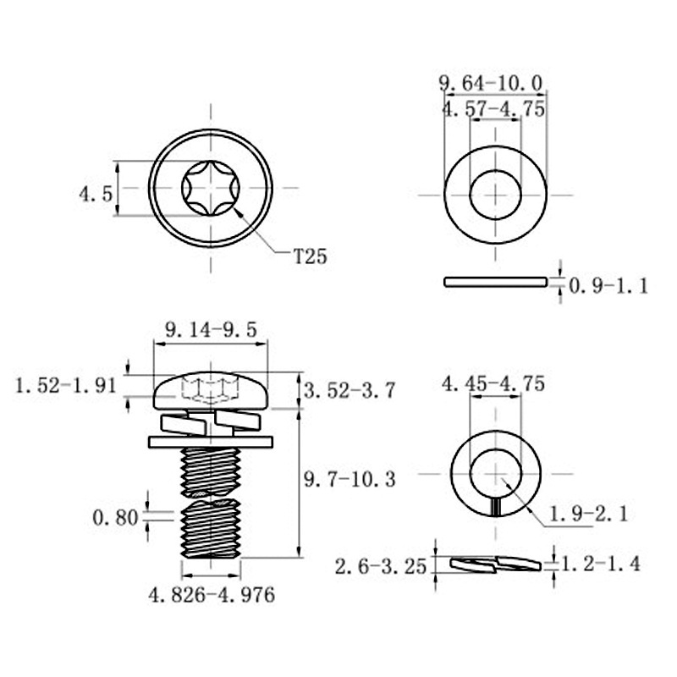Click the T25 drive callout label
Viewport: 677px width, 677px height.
point(309,256)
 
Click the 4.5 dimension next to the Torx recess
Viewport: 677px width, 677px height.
point(96,194)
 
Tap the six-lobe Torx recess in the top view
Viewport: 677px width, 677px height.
point(211,188)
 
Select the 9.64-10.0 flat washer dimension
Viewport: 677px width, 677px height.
point(490,83)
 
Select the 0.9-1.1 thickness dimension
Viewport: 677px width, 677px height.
point(608,286)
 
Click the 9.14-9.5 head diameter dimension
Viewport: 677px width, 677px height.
point(209,331)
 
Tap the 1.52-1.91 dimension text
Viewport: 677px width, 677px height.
point(64,386)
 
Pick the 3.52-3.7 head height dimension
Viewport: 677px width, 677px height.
point(349,391)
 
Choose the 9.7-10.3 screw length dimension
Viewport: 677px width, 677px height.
point(350,480)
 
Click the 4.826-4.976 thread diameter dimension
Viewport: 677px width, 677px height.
point(212,595)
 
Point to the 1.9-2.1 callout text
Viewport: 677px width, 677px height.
point(588,513)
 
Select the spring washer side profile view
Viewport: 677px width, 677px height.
point(495,564)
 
